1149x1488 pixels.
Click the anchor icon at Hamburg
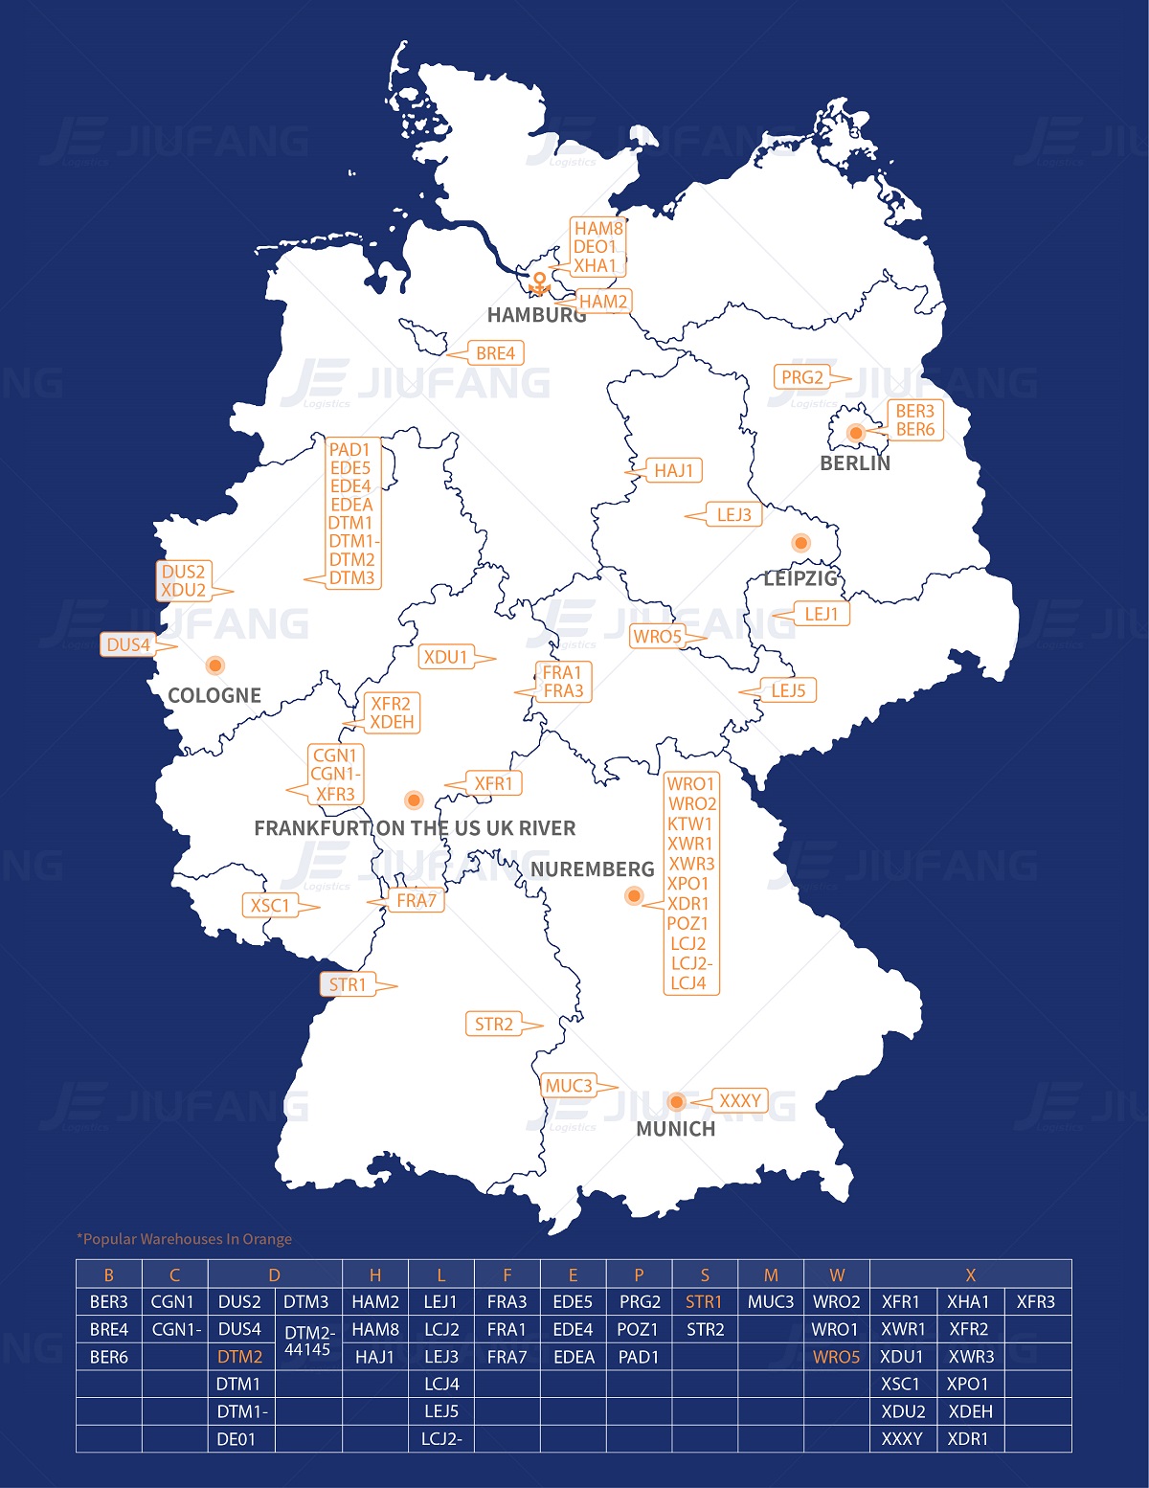point(540,284)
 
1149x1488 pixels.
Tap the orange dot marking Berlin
point(856,433)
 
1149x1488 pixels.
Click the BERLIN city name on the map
point(855,463)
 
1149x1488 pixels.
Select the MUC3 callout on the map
point(569,1086)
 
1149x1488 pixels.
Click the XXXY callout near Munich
point(740,1101)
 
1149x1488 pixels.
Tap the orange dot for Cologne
point(215,665)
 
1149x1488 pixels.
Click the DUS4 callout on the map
point(128,644)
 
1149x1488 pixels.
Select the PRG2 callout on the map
point(802,377)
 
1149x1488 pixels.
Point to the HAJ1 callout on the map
point(674,470)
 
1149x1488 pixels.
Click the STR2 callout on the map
point(494,1024)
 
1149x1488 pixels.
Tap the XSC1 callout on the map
point(270,905)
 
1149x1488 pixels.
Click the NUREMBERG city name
point(593,869)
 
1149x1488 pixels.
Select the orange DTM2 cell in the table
point(239,1357)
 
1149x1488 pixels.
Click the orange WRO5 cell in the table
point(837,1357)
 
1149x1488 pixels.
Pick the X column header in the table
point(970,1274)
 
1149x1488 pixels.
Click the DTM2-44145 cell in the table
point(308,1341)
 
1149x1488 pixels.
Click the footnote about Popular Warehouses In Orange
point(185,1239)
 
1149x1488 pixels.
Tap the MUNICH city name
point(676,1129)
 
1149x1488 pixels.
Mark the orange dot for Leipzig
point(801,543)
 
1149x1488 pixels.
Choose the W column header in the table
point(837,1274)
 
